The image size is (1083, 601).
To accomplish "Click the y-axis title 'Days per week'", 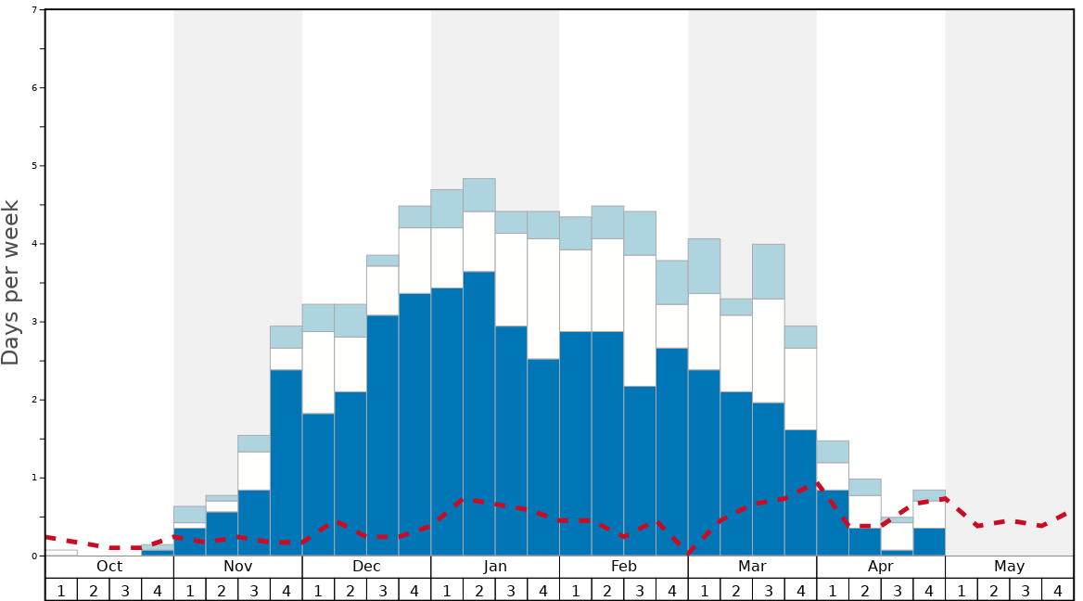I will [11, 282].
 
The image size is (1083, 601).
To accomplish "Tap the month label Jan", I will [495, 567].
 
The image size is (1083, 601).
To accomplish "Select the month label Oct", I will [109, 567].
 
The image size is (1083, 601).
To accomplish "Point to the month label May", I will [1009, 567].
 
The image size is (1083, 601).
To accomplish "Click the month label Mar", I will [752, 567].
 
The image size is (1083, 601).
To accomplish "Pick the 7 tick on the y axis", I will [34, 9].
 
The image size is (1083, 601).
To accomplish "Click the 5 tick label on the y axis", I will [34, 166].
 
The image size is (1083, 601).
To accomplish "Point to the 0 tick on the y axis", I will [34, 556].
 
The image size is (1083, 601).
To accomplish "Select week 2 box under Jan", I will [479, 590].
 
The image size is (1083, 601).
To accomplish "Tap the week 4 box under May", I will [1057, 590].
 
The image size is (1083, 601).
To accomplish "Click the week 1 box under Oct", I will [61, 590].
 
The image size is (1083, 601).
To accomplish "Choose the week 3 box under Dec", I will [383, 590].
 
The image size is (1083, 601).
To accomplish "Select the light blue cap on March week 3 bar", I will [769, 271].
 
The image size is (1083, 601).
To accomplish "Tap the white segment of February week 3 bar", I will [640, 320].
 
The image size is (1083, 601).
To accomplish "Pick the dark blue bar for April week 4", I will [929, 542].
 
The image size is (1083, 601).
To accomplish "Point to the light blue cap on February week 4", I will [672, 282].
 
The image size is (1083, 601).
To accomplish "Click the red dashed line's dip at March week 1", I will [689, 553].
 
